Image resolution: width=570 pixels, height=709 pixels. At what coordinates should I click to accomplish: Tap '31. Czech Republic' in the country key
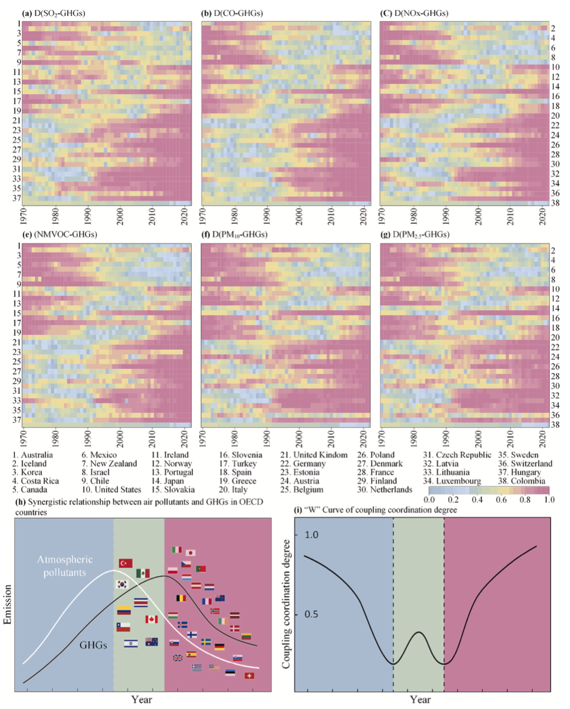[x=457, y=455]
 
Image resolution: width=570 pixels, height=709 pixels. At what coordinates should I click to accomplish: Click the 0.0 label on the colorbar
[x=429, y=499]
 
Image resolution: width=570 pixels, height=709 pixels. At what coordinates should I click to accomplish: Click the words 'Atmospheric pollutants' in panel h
[x=65, y=566]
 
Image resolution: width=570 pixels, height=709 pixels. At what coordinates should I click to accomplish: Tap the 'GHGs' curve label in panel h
[x=93, y=644]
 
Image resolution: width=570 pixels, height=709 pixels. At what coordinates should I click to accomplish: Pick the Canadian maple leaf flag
[x=152, y=619]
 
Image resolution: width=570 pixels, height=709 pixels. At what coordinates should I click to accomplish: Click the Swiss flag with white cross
[x=249, y=675]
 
